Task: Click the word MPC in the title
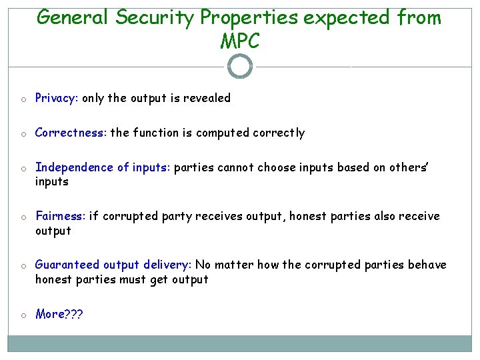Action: click(239, 41)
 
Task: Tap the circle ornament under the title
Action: click(240, 66)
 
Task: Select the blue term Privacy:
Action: click(57, 98)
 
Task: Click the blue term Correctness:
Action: click(71, 133)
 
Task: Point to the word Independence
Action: click(75, 167)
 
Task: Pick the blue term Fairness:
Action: click(60, 216)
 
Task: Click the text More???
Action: click(59, 314)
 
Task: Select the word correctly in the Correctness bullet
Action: click(279, 133)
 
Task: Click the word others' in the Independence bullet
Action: click(409, 167)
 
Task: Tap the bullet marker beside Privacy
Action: click(23, 99)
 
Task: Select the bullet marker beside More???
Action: click(23, 315)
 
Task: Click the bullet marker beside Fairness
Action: click(23, 217)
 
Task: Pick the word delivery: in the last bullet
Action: click(165, 265)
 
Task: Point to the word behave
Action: click(427, 265)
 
